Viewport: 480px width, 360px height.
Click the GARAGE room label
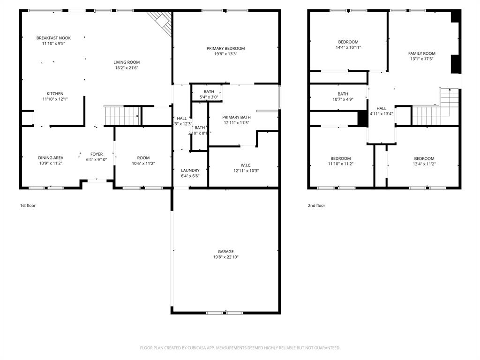click(x=225, y=251)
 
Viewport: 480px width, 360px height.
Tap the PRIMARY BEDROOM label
click(x=225, y=48)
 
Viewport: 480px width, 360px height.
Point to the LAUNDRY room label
click(x=190, y=170)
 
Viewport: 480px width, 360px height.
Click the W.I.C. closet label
click(x=246, y=165)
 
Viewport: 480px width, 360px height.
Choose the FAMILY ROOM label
click(x=421, y=53)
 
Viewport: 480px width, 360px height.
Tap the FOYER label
click(x=97, y=154)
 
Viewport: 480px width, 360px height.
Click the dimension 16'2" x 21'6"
click(x=127, y=68)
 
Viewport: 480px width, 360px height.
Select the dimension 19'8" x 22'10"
click(x=225, y=257)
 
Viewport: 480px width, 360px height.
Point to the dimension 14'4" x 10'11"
click(x=348, y=47)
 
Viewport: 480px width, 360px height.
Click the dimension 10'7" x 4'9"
click(x=343, y=99)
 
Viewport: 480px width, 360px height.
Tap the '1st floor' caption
click(x=28, y=205)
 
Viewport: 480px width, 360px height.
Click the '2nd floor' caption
click(x=316, y=205)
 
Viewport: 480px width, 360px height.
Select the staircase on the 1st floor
click(x=122, y=115)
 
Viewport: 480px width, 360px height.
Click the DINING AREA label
click(x=51, y=158)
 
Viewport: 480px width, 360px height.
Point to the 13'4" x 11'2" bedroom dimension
click(x=424, y=164)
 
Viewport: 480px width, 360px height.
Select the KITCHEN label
click(x=55, y=94)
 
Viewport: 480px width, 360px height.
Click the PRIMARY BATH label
click(x=236, y=117)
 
